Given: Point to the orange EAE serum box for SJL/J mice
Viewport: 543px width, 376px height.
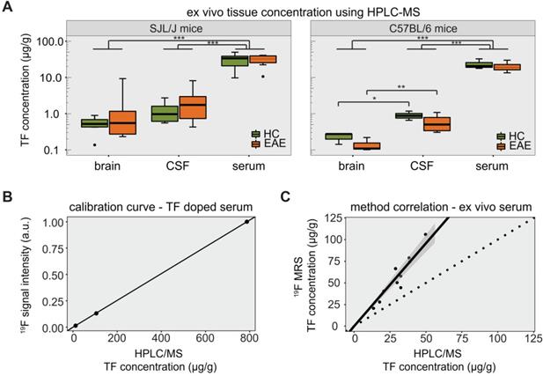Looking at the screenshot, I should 263,59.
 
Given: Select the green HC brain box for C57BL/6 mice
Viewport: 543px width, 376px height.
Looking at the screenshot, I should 333,136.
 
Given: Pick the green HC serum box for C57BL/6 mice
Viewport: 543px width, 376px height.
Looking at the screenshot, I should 477,64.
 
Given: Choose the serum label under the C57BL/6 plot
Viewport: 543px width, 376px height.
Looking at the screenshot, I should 487,167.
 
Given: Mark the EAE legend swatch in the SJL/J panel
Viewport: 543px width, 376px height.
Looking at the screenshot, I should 256,144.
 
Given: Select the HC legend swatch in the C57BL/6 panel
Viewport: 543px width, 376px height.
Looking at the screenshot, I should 502,135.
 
